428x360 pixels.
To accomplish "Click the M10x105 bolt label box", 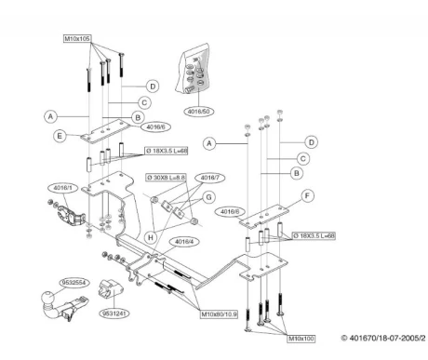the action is (77, 39).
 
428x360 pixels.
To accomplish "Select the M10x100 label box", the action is (301, 339).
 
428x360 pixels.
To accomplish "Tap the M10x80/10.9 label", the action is (220, 314).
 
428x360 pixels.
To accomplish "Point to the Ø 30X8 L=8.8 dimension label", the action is (167, 178).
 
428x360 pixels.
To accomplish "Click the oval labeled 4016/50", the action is (199, 112).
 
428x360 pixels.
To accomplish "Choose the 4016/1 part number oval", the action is (63, 188).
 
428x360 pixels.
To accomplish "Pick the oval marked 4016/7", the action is (210, 178).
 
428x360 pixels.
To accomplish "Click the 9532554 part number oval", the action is (74, 283).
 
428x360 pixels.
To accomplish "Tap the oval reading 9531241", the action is (114, 313).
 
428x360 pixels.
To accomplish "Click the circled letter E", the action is (60, 136).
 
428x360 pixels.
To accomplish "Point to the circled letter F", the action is (307, 195).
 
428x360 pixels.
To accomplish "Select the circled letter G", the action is (209, 197).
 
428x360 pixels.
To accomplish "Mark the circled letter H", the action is (151, 238).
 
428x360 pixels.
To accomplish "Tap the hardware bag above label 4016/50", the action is (193, 69).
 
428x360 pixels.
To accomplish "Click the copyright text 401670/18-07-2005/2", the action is (383, 338).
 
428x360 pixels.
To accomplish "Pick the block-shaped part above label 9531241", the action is (111, 288).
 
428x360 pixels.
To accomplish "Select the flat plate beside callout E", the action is (106, 131).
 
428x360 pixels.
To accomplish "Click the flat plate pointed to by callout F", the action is (264, 216).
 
